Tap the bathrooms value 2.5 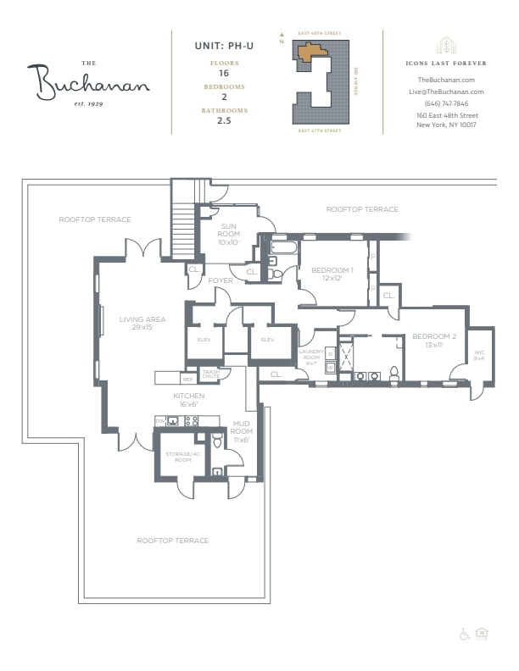pos(224,121)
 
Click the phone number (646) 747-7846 pos(446,103)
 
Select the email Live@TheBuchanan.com pos(446,91)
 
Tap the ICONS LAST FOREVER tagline pos(446,63)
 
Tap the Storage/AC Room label pos(179,457)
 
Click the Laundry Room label pos(311,358)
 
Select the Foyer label pos(220,280)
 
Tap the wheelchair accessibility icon pos(465,634)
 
